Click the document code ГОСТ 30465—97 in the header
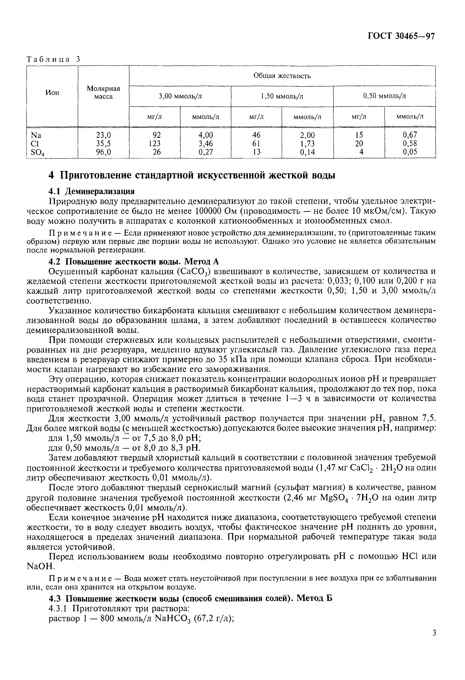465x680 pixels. pyautogui.click(x=401, y=36)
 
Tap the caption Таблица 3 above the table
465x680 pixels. pyautogui.click(x=53, y=59)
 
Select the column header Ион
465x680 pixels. pyautogui.click(x=52, y=92)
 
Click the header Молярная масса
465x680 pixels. pyautogui.click(x=103, y=92)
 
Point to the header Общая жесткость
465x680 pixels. pyautogui.click(x=282, y=76)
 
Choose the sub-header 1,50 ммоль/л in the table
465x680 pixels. pyautogui.click(x=282, y=96)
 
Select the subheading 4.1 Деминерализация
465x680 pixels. pyautogui.click(x=91, y=191)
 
